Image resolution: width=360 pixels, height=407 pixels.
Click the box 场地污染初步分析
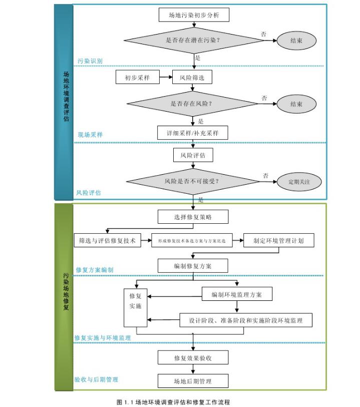point(193,15)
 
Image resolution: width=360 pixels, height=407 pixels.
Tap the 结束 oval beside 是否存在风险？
point(296,104)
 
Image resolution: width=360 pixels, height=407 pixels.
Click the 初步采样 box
point(137,77)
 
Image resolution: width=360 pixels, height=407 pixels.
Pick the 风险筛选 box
point(192,77)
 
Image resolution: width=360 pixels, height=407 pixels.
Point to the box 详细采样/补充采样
point(193,133)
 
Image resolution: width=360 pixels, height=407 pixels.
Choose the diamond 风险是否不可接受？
point(193,181)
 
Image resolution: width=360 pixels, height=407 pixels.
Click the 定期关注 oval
point(299,182)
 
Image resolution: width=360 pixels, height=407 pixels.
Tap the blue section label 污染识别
point(90,61)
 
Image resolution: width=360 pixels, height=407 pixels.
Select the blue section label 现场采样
point(90,135)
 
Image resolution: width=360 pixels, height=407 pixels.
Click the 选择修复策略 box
point(193,216)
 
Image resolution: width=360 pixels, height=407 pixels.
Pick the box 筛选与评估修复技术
point(108,240)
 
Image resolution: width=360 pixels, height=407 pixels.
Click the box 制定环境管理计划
point(280,240)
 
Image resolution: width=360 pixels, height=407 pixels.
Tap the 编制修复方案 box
point(193,266)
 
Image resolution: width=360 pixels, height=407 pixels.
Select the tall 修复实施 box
point(135,307)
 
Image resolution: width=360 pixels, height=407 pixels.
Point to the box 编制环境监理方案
point(237,294)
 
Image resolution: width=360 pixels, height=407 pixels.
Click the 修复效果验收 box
point(193,357)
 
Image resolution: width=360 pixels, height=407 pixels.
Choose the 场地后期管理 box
point(193,381)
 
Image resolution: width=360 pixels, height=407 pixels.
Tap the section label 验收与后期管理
point(96,379)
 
